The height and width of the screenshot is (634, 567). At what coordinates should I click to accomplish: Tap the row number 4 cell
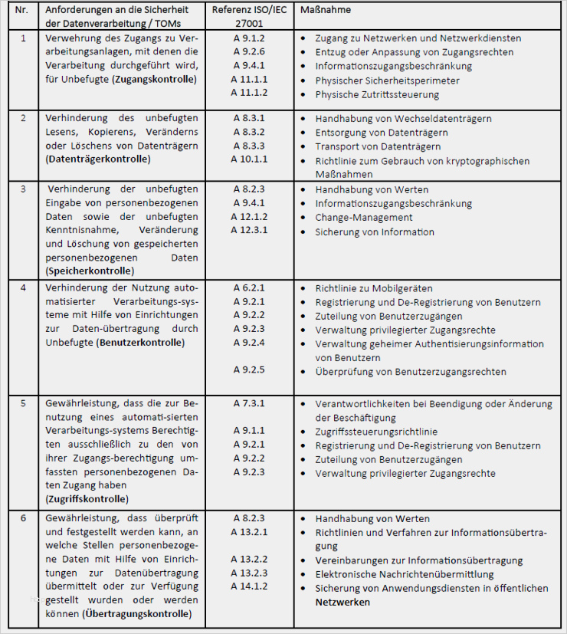[23, 288]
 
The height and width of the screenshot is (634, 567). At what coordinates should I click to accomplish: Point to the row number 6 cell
[23, 518]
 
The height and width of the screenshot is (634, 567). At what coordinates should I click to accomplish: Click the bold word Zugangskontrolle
[153, 79]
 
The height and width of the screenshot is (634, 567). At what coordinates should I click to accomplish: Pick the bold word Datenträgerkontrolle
[98, 159]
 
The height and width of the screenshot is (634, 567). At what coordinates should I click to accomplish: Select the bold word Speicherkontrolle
[90, 271]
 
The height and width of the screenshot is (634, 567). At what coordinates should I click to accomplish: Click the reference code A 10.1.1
[249, 159]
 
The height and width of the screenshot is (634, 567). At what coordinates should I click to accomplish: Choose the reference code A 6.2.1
[249, 288]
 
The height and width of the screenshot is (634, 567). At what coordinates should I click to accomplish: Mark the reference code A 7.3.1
[249, 403]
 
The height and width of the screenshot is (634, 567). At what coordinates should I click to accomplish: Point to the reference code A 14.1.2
[249, 587]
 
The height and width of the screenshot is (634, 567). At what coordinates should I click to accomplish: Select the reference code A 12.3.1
[249, 230]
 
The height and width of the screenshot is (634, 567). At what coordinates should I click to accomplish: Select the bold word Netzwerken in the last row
[342, 602]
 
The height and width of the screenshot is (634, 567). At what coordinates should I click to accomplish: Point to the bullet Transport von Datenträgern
[378, 146]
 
